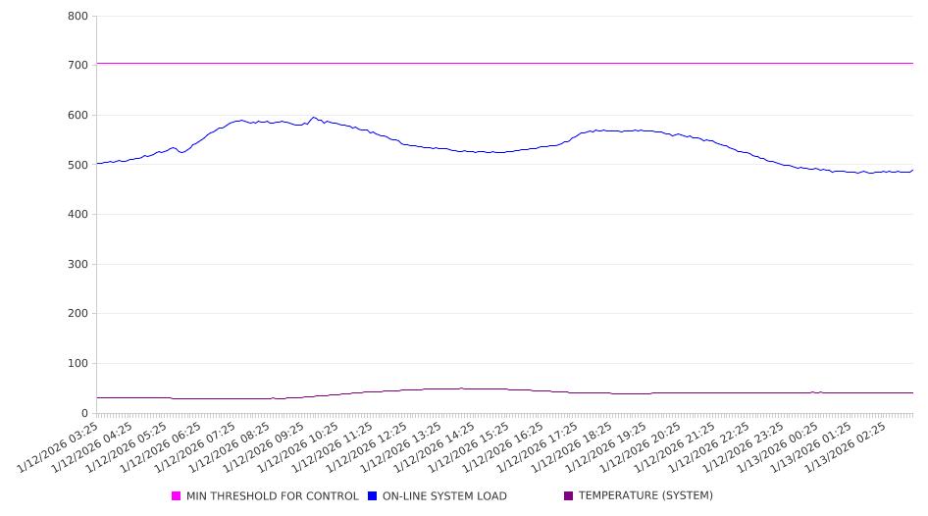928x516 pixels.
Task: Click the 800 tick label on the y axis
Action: [77, 17]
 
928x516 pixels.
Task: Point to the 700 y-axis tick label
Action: [77, 66]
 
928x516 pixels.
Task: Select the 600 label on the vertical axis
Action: [77, 116]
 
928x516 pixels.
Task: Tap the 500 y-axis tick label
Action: [77, 165]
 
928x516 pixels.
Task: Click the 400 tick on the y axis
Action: [77, 215]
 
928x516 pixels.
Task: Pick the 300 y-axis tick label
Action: [77, 265]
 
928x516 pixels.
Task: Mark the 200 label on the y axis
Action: [77, 314]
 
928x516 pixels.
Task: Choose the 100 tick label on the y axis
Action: [77, 364]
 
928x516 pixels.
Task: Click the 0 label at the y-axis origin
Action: [85, 414]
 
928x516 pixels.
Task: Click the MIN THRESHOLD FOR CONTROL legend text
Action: [272, 496]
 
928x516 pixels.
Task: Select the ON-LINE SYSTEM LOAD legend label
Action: [444, 496]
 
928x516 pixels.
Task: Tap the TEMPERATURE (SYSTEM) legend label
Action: [645, 496]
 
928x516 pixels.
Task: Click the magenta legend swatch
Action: [177, 496]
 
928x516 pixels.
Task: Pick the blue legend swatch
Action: [373, 496]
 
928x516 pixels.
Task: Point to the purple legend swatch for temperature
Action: [569, 496]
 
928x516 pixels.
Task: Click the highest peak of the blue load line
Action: [314, 118]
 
